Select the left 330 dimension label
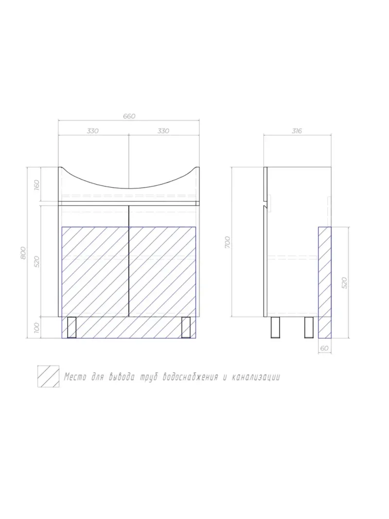tap(93, 131)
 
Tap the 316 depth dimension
tap(297, 131)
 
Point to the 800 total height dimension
tap(22, 253)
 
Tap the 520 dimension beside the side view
tap(345, 283)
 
